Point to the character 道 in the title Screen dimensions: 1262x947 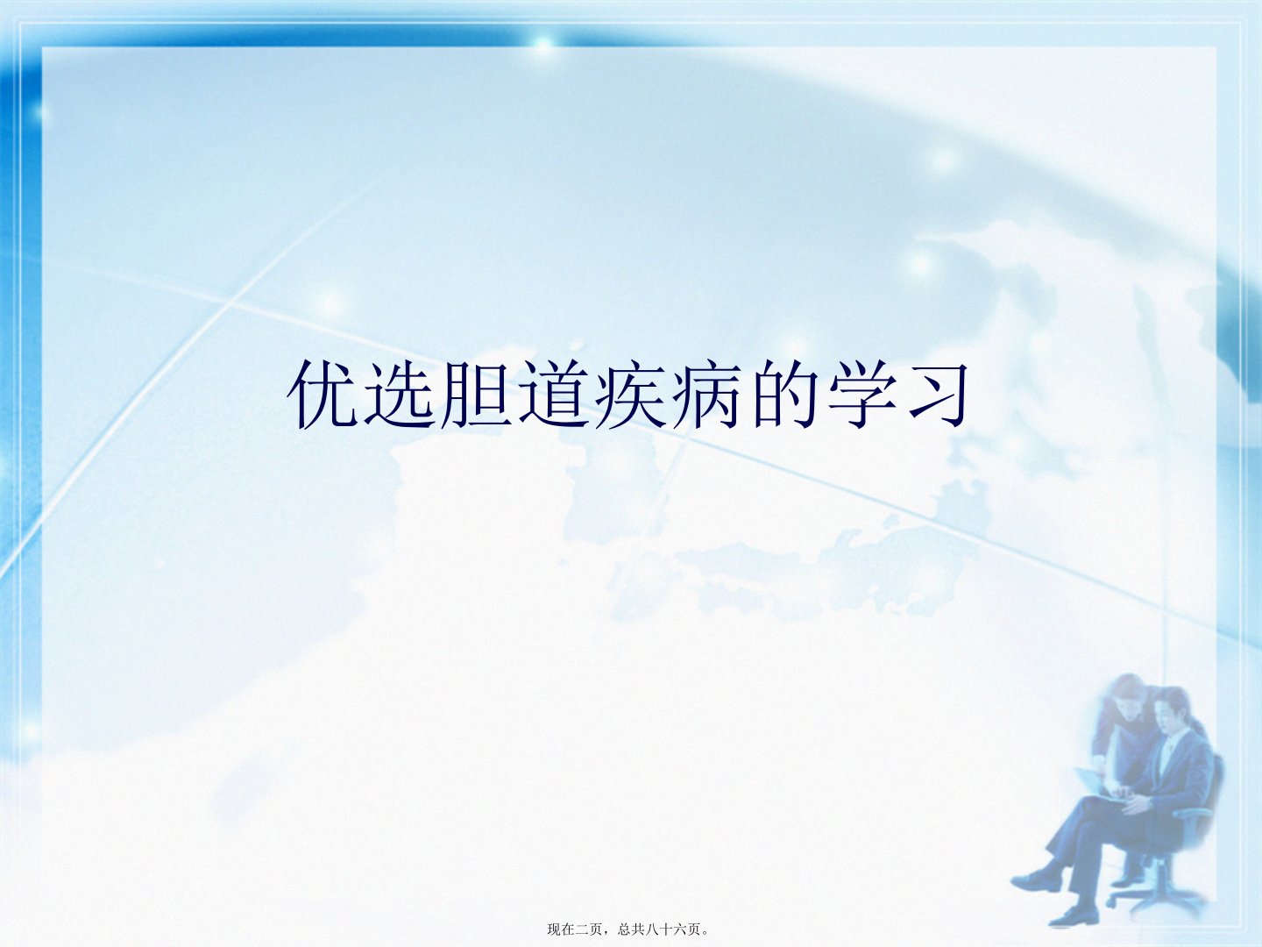coord(553,395)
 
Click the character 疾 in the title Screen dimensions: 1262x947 coord(630,395)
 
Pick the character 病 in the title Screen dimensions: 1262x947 coord(706,395)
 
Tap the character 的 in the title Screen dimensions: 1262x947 coord(784,395)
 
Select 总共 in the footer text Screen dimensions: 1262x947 coord(631,929)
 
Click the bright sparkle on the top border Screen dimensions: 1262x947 coord(542,44)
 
